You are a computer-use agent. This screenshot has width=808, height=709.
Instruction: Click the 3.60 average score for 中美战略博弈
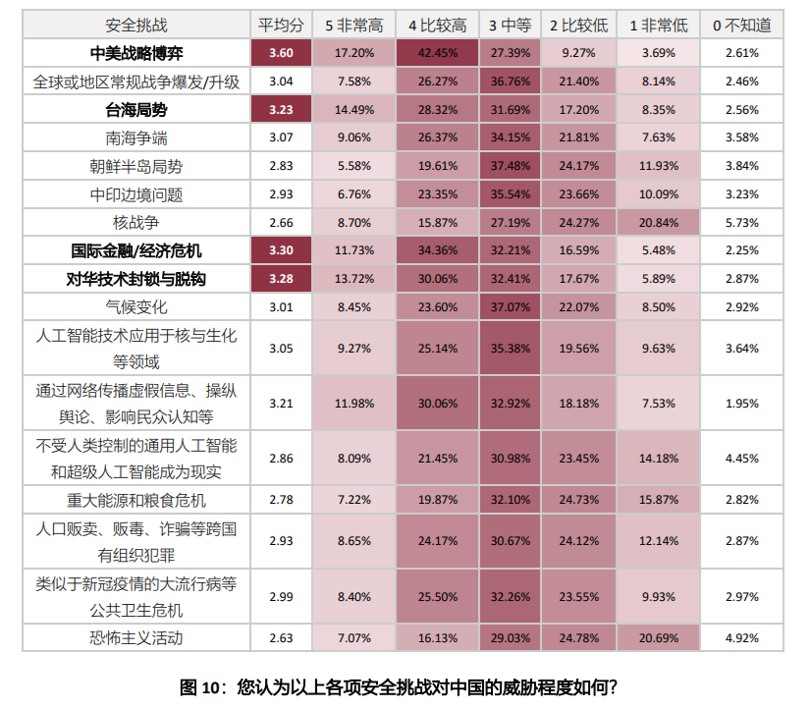281,53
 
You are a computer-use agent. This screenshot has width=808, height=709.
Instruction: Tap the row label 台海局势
135,110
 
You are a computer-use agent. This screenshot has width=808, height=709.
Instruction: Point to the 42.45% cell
437,53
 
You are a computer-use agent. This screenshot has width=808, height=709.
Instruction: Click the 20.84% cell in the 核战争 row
658,223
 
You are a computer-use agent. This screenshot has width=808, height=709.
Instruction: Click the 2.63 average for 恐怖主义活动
281,638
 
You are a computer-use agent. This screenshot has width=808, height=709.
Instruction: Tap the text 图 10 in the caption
204,686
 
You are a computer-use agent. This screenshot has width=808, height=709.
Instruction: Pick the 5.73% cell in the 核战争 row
741,223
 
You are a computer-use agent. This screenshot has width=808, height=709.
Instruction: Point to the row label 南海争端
135,138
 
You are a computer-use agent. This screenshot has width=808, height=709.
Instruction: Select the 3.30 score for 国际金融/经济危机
281,251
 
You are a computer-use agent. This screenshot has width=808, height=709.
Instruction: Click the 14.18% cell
658,458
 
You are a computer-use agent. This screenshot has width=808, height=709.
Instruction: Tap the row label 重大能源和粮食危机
135,500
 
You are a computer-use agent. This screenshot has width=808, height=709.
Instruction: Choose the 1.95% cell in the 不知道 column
741,403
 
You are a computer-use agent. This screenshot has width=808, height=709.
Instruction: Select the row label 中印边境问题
135,195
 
